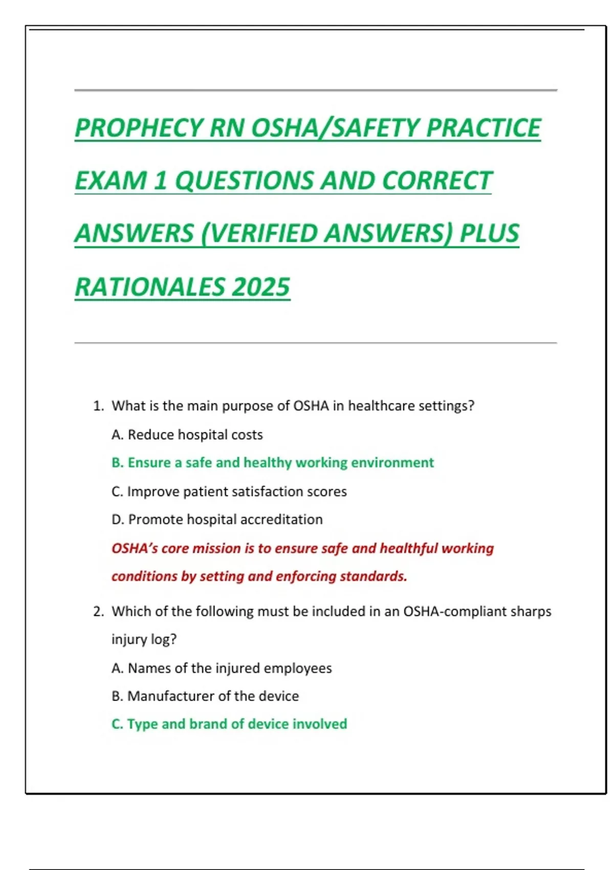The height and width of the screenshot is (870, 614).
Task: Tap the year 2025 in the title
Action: click(261, 287)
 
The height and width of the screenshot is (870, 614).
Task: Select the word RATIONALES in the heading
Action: click(149, 287)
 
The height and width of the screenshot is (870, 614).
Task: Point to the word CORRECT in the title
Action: click(436, 181)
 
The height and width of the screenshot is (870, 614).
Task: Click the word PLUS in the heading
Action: click(489, 234)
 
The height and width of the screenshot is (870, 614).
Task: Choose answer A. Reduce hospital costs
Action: click(187, 434)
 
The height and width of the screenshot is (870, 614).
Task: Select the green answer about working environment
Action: click(272, 463)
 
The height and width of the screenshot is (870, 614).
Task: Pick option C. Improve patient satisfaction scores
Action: click(229, 491)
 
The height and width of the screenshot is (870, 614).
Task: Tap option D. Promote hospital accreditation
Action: click(217, 519)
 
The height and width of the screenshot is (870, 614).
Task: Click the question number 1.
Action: click(98, 406)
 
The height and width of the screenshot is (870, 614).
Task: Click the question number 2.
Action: click(98, 612)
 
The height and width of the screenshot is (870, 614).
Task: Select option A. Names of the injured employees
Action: click(221, 668)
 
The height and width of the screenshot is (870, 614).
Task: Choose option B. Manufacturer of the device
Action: click(205, 696)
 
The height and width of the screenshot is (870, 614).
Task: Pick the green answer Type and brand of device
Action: click(229, 724)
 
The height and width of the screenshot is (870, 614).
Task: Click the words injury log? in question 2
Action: click(144, 640)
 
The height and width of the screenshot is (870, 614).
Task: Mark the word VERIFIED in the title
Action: click(261, 234)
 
